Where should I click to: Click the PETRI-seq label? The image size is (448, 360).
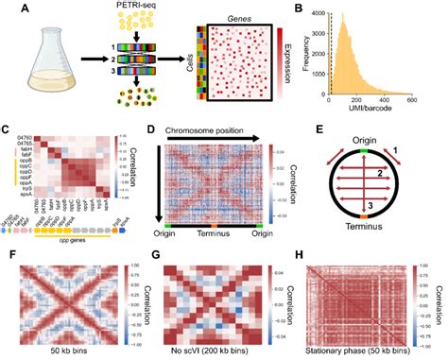138,10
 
